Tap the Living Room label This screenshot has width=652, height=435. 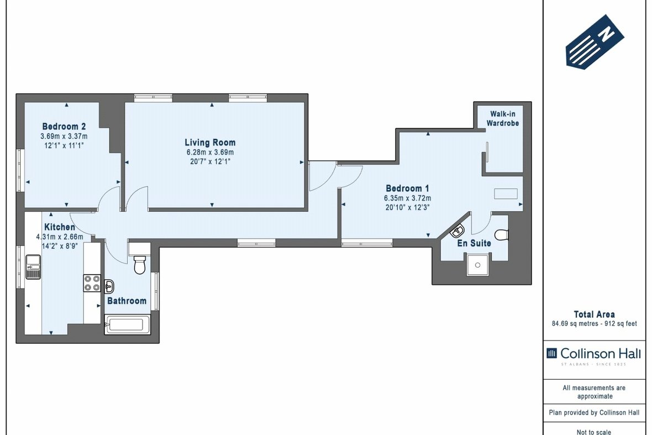210,143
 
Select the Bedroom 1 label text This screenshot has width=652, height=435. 407,187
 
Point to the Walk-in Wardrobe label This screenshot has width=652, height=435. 502,118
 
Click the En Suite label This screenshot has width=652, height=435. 474,243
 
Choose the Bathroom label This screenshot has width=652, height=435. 127,301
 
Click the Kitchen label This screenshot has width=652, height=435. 60,227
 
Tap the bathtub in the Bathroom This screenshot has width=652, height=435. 128,324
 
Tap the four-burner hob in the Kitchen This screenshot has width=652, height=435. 92,283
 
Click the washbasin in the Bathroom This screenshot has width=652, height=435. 110,286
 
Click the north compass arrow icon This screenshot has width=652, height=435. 595,42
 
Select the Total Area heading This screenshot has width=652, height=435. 594,315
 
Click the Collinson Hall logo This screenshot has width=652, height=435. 594,353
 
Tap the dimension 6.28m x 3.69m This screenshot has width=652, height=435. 210,153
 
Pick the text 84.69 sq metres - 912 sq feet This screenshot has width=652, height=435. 594,323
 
